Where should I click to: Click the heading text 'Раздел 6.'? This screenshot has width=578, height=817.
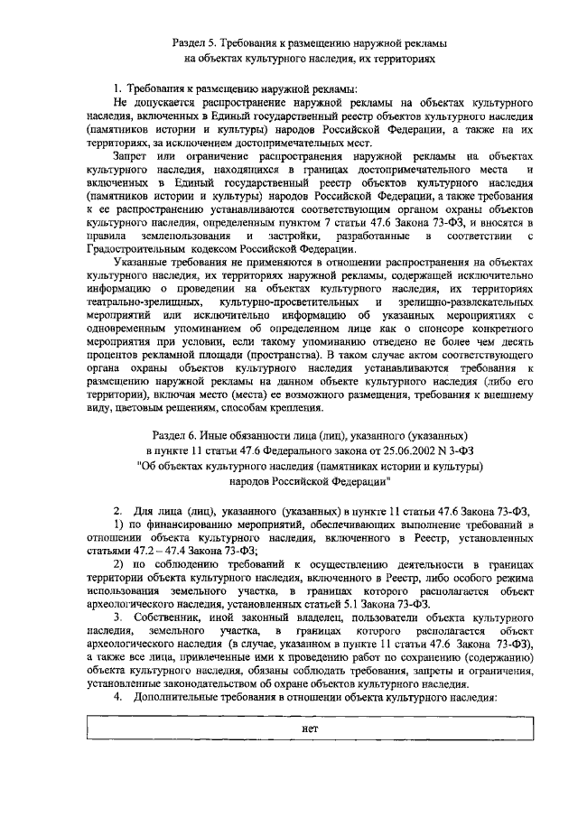[x=175, y=434]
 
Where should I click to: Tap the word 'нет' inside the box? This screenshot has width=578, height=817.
[x=310, y=728]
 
